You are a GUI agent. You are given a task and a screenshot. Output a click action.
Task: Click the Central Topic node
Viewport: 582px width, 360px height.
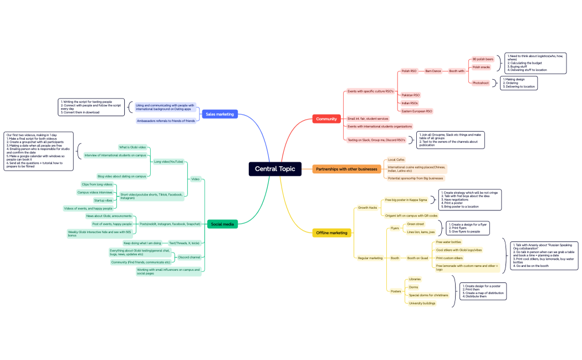274,169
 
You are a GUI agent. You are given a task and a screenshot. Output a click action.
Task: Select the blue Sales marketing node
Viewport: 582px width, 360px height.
219,114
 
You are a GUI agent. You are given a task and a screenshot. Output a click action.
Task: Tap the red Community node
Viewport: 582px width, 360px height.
326,119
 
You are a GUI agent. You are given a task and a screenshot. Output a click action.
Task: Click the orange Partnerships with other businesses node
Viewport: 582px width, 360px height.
346,169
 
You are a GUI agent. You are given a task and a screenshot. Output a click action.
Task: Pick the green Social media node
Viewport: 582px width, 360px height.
222,224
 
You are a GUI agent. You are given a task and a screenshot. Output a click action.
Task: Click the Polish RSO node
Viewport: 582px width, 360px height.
409,71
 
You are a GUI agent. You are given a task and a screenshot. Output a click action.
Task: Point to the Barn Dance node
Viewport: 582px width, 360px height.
433,71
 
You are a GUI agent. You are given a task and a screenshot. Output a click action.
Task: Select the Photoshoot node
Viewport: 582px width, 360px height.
481,83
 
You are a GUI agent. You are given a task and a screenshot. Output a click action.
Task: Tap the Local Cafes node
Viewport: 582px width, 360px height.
396,160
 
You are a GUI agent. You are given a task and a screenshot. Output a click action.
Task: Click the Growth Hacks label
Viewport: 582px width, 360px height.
367,207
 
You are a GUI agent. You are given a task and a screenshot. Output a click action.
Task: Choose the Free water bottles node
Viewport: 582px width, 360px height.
448,242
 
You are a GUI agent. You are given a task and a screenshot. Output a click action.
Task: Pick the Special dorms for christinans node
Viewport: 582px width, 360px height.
428,295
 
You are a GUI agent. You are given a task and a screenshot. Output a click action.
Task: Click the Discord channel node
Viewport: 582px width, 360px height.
190,257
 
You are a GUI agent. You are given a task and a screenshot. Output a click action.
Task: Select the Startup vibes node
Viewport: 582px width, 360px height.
103,200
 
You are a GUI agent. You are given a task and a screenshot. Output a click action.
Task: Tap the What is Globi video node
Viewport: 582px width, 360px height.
132,147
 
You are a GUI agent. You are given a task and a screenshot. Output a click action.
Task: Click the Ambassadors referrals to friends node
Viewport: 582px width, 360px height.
166,121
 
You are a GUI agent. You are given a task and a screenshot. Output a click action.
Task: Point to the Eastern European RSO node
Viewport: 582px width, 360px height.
417,111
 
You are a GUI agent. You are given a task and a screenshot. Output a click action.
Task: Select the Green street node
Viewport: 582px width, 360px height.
416,224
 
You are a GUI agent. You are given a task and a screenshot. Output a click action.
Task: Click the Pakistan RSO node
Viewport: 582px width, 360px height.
411,95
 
